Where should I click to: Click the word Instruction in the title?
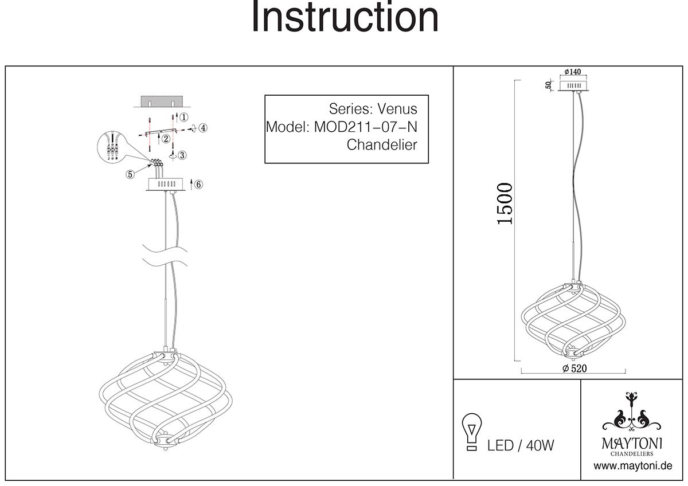coord(345,18)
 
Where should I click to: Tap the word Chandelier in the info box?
coord(382,145)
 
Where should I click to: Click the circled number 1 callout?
coord(183,117)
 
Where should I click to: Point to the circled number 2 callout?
coord(165,139)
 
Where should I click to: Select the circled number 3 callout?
coord(182,155)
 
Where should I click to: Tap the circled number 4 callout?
coord(204,128)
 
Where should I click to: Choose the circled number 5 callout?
coord(131,174)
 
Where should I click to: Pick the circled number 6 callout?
coord(198,185)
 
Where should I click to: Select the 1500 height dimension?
coord(504,203)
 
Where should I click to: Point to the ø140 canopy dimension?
coord(572,72)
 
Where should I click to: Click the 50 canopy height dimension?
coord(549,85)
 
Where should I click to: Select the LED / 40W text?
coord(521,445)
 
